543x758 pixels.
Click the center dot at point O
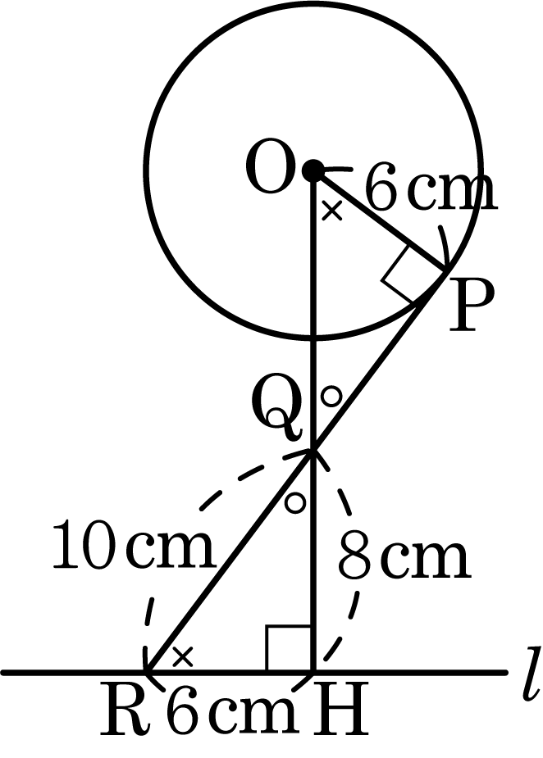point(313,170)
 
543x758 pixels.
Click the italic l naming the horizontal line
point(531,675)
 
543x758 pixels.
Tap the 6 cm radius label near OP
point(430,188)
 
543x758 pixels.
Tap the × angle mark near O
point(332,211)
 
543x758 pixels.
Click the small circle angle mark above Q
point(332,397)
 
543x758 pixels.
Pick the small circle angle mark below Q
point(294,502)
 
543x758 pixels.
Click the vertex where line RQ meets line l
point(148,671)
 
